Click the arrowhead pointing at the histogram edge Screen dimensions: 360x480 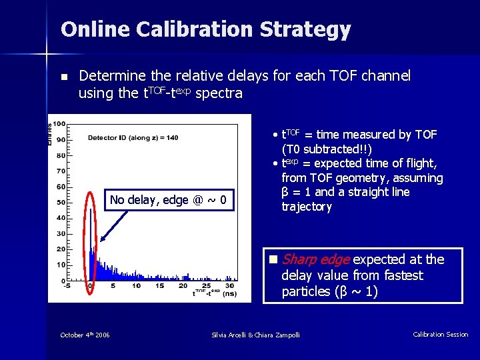point(101,240)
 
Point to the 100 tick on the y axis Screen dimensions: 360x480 point(59,124)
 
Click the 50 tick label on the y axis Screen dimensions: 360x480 point(60,203)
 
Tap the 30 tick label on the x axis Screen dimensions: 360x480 point(229,286)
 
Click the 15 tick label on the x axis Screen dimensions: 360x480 point(160,286)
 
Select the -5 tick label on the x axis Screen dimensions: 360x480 point(67,286)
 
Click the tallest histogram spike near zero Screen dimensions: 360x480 point(91,200)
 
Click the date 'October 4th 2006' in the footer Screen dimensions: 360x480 point(85,335)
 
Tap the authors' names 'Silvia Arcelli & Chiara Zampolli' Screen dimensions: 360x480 point(255,335)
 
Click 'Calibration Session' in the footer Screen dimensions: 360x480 point(440,335)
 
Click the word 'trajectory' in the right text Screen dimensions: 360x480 point(307,207)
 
